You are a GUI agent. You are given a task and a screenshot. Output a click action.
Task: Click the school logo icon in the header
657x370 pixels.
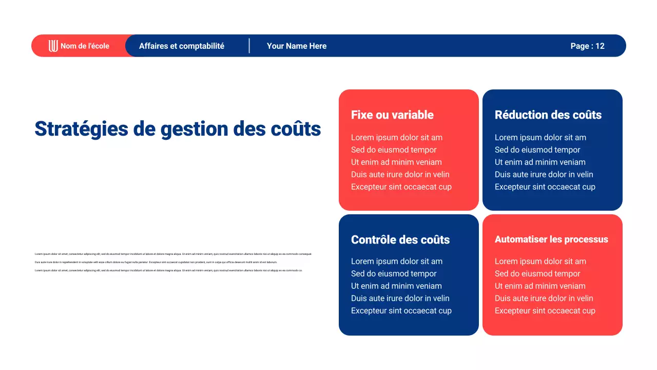53,46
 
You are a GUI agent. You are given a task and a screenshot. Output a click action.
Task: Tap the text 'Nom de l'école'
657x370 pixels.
85,46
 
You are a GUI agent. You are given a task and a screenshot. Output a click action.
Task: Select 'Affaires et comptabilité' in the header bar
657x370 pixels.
182,46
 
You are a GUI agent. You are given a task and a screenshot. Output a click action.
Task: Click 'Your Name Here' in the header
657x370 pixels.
297,46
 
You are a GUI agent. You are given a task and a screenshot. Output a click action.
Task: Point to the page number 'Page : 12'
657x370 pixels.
587,46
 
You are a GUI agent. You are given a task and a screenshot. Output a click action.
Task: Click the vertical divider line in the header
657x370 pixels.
249,46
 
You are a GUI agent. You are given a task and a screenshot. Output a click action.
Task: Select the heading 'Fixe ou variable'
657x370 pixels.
392,115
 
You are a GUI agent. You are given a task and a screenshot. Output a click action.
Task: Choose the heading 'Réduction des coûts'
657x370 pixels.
548,115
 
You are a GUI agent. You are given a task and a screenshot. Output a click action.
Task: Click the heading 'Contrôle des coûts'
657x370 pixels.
400,240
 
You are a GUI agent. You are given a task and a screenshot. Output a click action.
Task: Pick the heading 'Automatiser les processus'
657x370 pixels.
551,239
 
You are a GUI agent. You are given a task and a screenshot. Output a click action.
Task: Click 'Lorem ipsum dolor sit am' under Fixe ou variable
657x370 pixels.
396,138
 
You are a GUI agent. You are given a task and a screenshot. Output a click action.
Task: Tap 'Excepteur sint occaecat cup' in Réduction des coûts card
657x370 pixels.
545,187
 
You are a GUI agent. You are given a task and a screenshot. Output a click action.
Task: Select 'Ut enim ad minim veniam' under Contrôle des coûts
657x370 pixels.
396,286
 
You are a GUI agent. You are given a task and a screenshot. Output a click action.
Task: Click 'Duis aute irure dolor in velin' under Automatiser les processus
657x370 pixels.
544,299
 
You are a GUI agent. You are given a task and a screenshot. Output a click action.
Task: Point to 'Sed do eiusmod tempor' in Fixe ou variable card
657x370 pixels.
394,150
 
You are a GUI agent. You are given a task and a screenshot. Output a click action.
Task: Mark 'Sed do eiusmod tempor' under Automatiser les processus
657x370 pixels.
537,274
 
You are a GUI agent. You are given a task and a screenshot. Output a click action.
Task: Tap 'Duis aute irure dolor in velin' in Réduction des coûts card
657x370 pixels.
544,175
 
